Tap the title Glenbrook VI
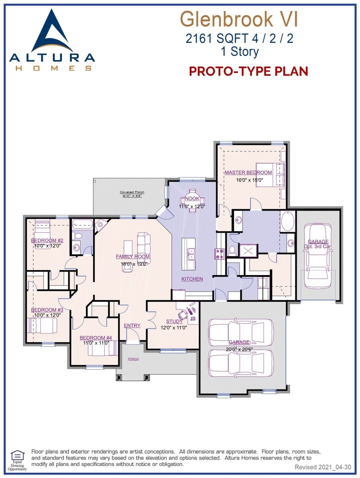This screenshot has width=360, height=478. (x=238, y=19)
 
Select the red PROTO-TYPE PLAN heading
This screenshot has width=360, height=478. (x=248, y=71)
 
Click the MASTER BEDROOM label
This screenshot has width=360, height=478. (x=248, y=172)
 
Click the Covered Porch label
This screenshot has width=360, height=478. (x=132, y=192)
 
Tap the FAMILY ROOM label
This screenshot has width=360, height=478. (x=133, y=256)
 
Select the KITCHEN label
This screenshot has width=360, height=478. (x=192, y=279)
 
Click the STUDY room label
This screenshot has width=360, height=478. (x=174, y=321)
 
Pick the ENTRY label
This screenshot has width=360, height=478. (x=132, y=325)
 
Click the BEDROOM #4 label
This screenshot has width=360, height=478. (x=96, y=338)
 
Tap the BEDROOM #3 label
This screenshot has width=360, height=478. (x=47, y=310)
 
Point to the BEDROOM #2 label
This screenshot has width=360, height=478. (x=47, y=240)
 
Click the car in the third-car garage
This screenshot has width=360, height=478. (x=318, y=256)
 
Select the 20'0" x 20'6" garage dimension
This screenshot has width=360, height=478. (x=239, y=349)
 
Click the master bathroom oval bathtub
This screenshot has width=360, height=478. (x=287, y=222)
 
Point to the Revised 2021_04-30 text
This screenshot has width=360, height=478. (x=323, y=467)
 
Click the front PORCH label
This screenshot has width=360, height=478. (x=133, y=359)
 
